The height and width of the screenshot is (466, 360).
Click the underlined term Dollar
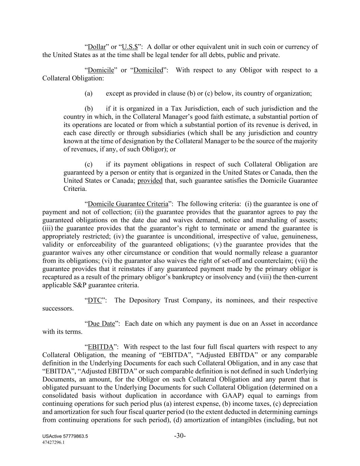click(97, 47)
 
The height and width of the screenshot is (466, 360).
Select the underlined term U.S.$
click(130, 47)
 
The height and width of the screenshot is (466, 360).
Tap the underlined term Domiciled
click(148, 70)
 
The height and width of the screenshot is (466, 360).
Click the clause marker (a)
click(88, 93)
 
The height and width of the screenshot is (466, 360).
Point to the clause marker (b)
click(89, 109)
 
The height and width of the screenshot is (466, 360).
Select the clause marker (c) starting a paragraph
click(88, 164)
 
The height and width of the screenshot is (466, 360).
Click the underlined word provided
click(150, 180)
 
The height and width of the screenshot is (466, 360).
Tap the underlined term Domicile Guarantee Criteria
click(128, 204)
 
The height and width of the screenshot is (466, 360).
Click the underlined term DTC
click(95, 300)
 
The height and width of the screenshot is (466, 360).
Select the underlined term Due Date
click(101, 323)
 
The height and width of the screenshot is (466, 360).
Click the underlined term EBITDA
click(100, 347)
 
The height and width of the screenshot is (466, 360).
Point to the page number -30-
click(180, 436)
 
